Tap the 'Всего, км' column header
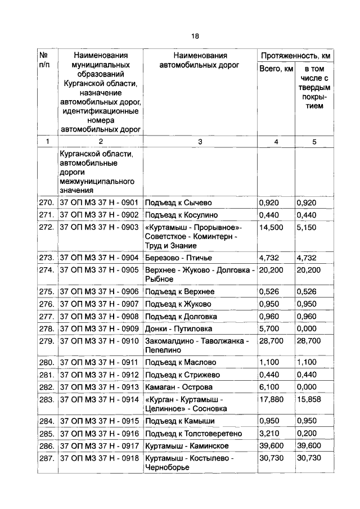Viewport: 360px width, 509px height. point(276,69)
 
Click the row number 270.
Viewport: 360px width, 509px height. point(47,202)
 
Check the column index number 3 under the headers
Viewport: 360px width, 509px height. point(200,142)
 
